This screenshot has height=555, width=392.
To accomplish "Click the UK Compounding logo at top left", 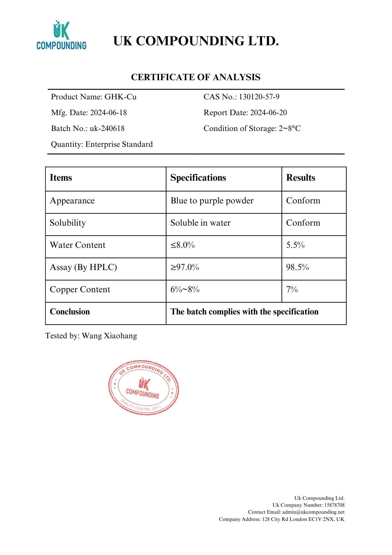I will point(61,35).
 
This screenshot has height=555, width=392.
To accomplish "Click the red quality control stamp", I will point(143,387).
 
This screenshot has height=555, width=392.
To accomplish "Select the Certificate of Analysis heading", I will point(196,77).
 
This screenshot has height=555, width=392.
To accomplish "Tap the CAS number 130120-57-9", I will point(259,97).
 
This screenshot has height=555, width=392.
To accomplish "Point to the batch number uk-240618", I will point(107,128).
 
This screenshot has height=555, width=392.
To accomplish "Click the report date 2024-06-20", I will point(268,113).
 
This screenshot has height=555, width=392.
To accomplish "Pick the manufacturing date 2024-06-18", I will point(108,113).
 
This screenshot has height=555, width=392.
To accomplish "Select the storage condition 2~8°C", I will point(289,128).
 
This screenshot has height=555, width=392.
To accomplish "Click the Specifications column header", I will point(198,178).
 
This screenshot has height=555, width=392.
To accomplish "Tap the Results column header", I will point(301,178).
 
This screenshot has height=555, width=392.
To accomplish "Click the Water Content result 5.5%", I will point(295,245).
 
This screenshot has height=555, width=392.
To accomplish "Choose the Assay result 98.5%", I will point(297,267).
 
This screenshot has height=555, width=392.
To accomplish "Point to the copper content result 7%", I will point(292,289).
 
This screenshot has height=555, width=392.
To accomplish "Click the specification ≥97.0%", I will point(185,267).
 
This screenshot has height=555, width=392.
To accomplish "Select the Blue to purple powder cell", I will point(212,201).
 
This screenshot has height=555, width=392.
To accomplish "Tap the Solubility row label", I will point(68,223).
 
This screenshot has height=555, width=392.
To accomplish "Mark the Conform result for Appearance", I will point(303,201).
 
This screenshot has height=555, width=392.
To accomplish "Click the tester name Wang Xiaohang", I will point(109,336).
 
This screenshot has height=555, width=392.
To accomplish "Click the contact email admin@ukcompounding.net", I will point(313,512).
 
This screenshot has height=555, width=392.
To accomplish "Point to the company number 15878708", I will point(334,505).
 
